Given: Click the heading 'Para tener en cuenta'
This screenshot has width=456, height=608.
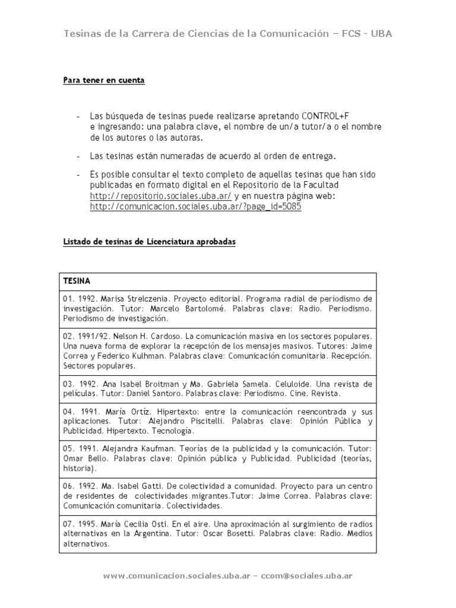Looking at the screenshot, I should click(104, 80).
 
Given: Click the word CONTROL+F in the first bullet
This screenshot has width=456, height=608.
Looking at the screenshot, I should click(330, 115).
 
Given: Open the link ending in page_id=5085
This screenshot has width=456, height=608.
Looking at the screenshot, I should click(197, 207).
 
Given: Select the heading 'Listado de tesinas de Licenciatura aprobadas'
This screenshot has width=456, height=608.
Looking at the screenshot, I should click(150, 243).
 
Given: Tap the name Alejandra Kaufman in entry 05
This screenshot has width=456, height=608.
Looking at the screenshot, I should click(128, 448).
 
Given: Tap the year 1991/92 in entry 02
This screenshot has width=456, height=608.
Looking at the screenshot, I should click(93, 335).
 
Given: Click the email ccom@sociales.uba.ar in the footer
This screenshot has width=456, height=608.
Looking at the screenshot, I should click(308, 576).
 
